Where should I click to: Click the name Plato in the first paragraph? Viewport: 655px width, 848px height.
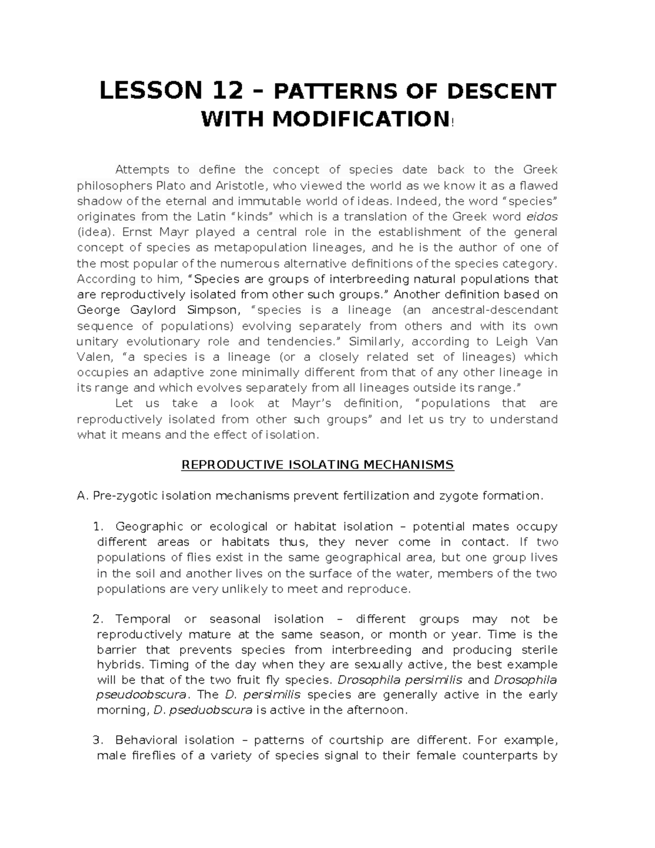tap(171, 186)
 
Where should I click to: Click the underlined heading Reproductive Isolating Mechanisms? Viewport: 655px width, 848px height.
tap(317, 465)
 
